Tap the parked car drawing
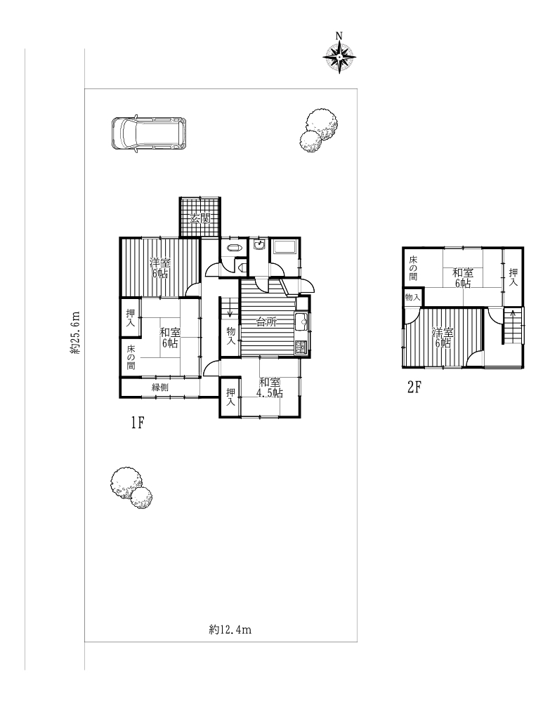click(149, 133)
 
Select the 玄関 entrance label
click(199, 219)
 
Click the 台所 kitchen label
click(267, 322)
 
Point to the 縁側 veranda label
click(160, 388)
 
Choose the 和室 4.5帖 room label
click(270, 388)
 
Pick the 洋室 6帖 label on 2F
click(443, 338)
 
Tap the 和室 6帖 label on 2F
click(463, 278)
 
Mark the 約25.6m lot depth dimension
click(75, 333)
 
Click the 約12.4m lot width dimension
click(230, 630)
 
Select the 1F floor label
click(137, 423)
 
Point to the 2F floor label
click(414, 386)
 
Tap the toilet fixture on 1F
click(234, 248)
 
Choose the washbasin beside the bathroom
click(260, 244)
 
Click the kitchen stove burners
click(301, 347)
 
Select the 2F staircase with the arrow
click(513, 326)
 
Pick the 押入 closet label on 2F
click(513, 277)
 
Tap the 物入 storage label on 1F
click(230, 336)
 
